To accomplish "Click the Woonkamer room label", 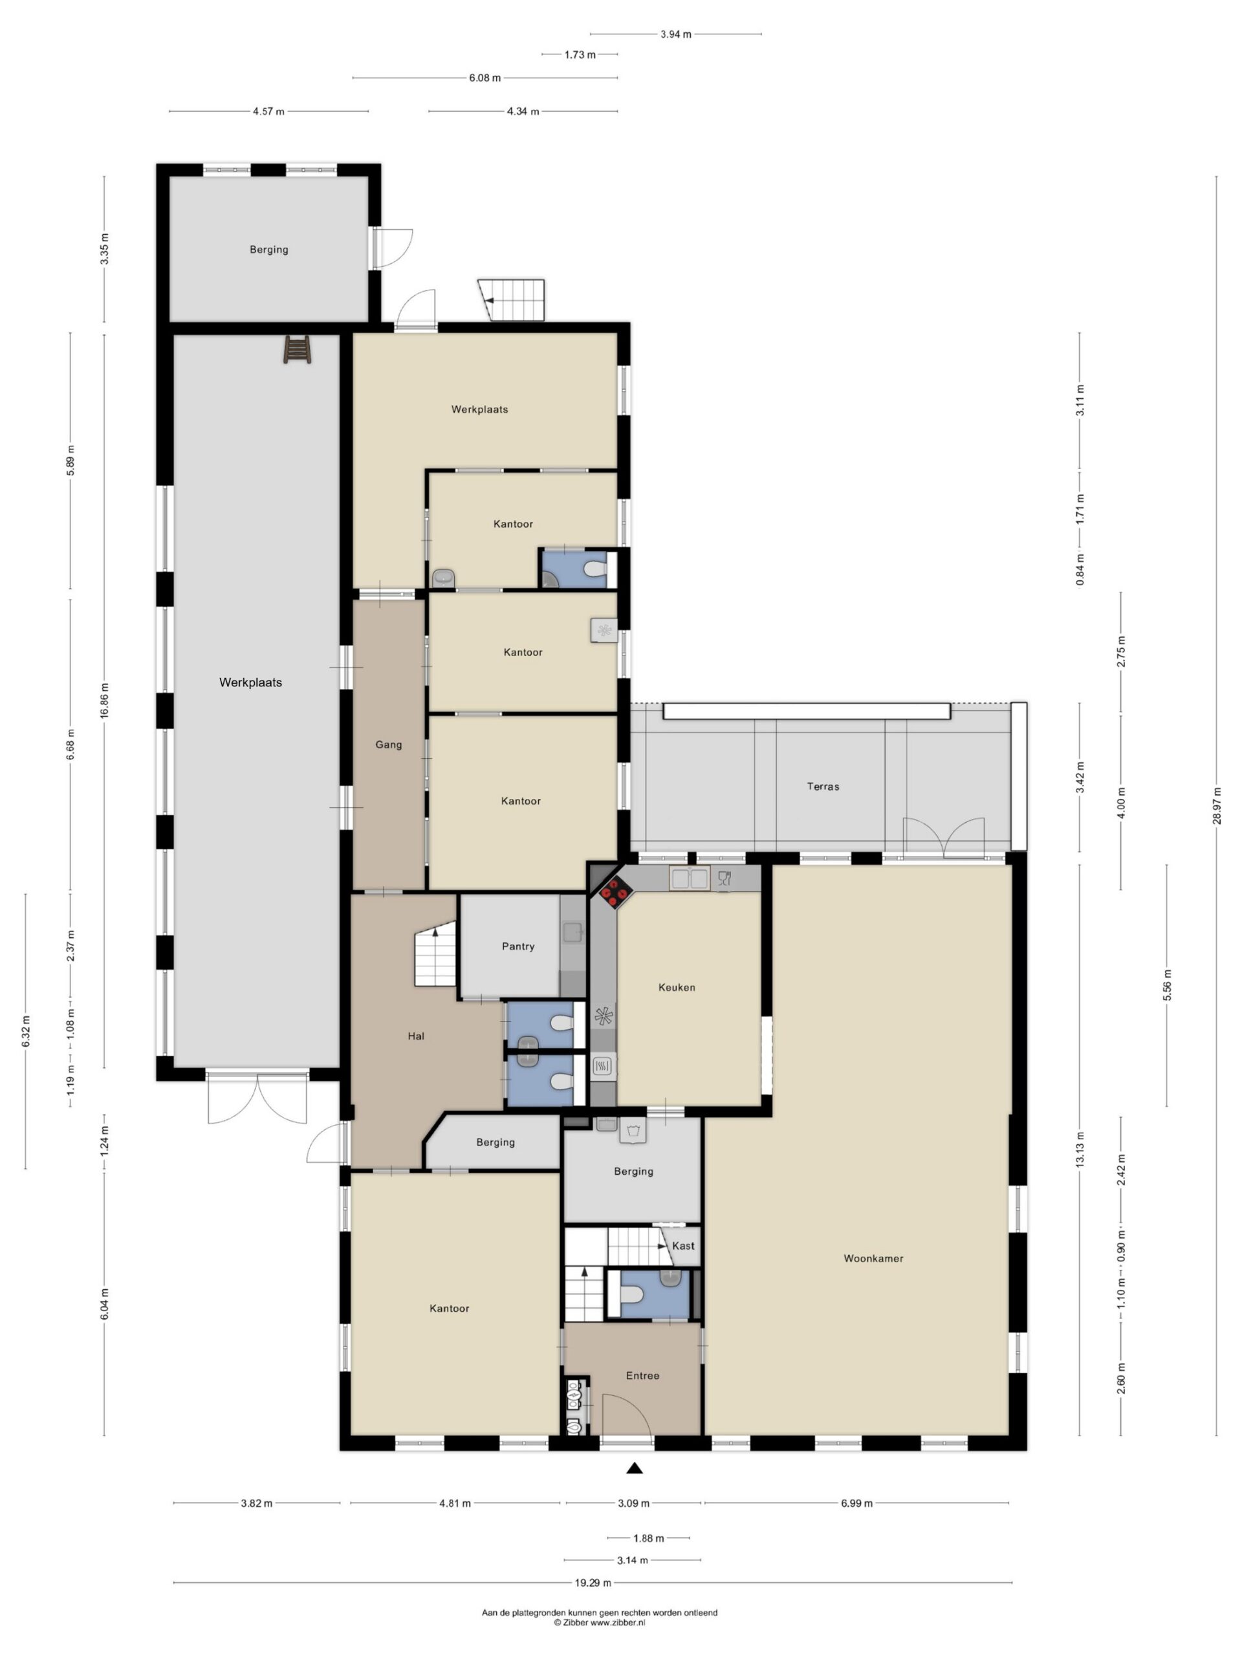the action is (x=873, y=1258).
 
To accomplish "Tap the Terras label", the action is (x=823, y=786).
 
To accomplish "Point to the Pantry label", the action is (x=518, y=946).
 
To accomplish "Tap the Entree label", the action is (x=642, y=1375).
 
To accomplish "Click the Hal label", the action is (x=416, y=1036).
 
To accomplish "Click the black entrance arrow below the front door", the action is (x=634, y=1468).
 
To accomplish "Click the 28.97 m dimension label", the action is (x=1217, y=805).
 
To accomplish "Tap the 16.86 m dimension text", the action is (x=104, y=701).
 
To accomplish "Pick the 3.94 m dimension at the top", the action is (x=675, y=34).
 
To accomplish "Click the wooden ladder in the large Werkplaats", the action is (x=297, y=349).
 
